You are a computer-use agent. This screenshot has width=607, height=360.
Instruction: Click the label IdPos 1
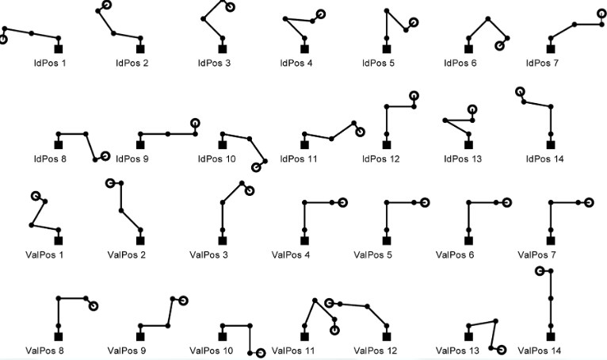click(x=49, y=62)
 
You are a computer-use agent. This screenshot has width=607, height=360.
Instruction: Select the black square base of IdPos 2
click(x=140, y=48)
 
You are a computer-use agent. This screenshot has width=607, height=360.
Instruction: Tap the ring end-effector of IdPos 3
click(x=230, y=7)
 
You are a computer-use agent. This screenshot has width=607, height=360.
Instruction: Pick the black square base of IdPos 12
click(x=387, y=144)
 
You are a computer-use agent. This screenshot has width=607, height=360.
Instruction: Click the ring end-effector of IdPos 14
click(x=520, y=92)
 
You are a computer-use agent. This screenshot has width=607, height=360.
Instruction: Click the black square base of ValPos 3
click(x=223, y=239)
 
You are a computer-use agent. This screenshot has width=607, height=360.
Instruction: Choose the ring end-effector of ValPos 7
click(x=589, y=202)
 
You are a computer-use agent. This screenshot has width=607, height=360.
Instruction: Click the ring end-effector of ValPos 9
click(x=183, y=301)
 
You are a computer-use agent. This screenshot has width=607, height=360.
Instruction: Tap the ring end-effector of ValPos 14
click(x=539, y=271)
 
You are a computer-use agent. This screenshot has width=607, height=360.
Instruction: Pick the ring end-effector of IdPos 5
click(x=414, y=22)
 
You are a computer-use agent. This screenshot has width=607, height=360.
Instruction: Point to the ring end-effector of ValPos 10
click(x=261, y=353)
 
